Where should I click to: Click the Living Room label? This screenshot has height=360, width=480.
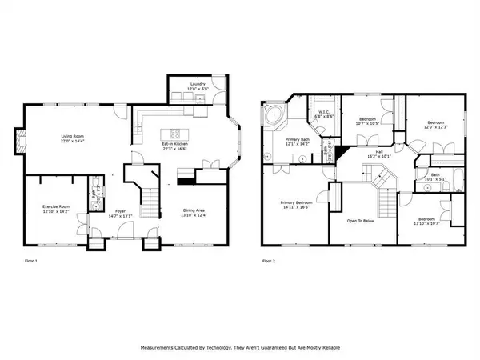pos(73,138)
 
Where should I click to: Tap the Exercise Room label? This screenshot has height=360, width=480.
pos(57,208)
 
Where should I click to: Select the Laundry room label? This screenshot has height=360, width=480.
pos(198,85)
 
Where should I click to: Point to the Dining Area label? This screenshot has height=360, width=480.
pos(195,210)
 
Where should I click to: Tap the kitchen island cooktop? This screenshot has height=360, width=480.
pos(174,132)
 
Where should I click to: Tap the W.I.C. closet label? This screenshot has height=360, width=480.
pos(324,114)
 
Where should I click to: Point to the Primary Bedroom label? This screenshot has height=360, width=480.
pos(296,204)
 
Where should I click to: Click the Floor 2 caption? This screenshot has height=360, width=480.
pos(270,261)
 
